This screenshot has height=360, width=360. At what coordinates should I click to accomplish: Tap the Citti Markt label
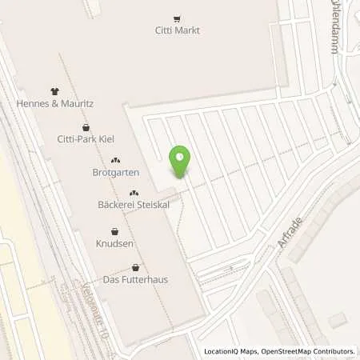(x=177, y=30)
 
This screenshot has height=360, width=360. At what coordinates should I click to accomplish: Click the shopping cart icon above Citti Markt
(x=177, y=18)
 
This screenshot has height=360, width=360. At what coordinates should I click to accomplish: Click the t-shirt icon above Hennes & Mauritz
(x=54, y=91)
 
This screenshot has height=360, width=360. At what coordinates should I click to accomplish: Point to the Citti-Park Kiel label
(x=86, y=139)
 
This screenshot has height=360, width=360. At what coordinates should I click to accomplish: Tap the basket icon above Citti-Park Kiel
(x=86, y=127)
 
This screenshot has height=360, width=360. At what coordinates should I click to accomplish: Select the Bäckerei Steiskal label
(x=134, y=206)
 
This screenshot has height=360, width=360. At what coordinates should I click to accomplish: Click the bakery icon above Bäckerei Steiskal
(x=134, y=193)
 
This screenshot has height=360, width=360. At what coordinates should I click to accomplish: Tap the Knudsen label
(x=114, y=243)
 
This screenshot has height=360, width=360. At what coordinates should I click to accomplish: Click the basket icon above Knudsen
(x=114, y=231)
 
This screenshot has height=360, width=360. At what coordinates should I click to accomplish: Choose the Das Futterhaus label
(x=135, y=279)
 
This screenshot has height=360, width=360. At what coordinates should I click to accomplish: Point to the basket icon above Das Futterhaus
(x=135, y=267)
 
